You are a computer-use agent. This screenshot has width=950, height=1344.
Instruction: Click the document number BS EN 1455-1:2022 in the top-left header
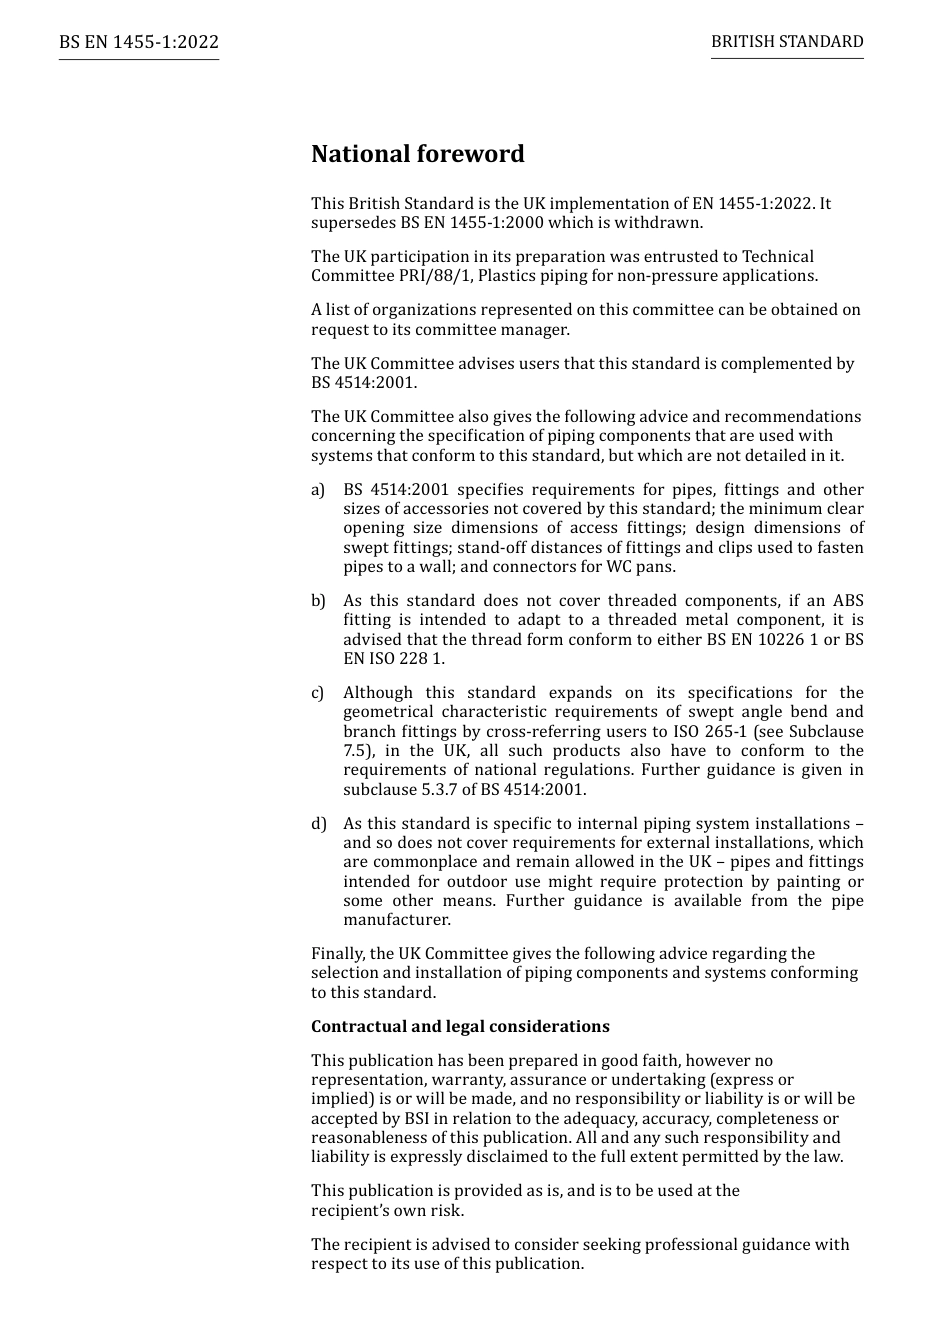(x=138, y=42)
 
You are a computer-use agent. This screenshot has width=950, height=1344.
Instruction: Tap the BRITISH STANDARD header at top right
(x=787, y=42)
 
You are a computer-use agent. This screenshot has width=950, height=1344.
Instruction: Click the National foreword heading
(x=417, y=154)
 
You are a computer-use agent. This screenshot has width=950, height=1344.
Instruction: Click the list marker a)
(x=318, y=490)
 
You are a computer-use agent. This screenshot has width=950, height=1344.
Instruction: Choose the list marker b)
(x=318, y=601)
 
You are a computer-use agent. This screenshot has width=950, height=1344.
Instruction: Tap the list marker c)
(x=318, y=693)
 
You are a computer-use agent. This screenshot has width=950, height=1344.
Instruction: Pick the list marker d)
(x=318, y=824)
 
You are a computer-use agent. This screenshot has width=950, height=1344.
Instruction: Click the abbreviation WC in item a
(x=620, y=567)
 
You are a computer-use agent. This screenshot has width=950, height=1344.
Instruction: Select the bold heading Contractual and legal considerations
(x=460, y=1027)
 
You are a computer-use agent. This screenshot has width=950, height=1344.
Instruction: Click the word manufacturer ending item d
(x=396, y=920)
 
